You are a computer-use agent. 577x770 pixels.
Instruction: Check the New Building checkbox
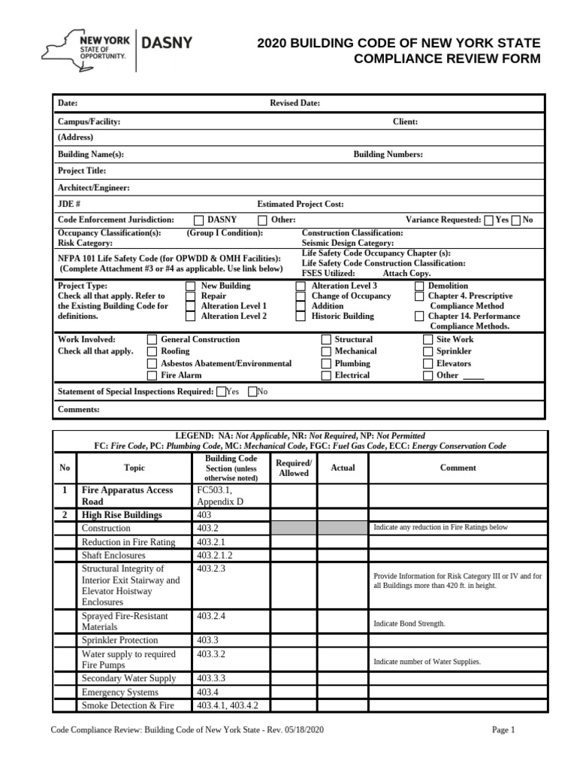coord(190,286)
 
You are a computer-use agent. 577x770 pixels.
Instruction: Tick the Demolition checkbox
coord(419,286)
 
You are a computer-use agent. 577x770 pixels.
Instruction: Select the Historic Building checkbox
coord(301,317)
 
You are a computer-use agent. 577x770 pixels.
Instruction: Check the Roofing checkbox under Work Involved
coord(152,352)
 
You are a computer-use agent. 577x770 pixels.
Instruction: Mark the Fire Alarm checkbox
coord(152,375)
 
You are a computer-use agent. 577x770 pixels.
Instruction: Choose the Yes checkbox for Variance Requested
coord(489,220)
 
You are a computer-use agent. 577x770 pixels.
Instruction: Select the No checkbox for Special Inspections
coord(252,392)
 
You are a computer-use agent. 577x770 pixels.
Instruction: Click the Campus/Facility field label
coord(89,122)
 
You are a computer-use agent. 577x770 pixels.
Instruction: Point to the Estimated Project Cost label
coord(301,204)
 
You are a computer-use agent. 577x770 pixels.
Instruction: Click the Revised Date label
coord(295,103)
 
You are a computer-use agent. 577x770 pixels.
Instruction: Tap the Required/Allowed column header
coord(294,468)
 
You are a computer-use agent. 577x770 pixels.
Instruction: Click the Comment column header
coord(458,468)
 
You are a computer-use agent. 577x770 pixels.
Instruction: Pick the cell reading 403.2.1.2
coord(215,555)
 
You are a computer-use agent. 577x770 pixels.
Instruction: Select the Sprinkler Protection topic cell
coord(119,640)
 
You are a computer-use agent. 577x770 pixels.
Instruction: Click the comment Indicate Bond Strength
coord(409,623)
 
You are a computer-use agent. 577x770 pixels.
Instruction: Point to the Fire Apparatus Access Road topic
coord(127,495)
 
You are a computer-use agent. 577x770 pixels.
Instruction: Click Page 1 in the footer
coord(503,729)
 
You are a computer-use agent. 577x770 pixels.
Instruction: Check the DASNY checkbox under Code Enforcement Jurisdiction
coord(198,220)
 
